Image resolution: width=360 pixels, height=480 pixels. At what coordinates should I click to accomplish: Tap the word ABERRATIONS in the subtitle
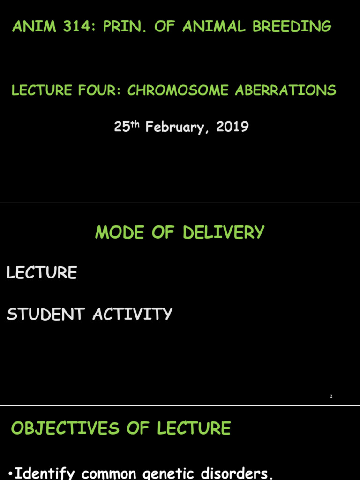click(285, 90)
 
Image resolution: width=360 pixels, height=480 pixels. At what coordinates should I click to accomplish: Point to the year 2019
click(232, 127)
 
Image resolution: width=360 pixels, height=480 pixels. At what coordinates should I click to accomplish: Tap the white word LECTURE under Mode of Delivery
click(42, 272)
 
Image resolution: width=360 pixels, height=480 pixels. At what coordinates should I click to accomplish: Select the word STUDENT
click(46, 314)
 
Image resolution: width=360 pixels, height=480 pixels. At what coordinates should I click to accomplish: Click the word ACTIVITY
click(133, 314)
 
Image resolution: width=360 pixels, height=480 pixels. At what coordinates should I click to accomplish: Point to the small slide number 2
click(331, 396)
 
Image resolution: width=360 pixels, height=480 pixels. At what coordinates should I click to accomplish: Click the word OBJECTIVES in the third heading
click(65, 428)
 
